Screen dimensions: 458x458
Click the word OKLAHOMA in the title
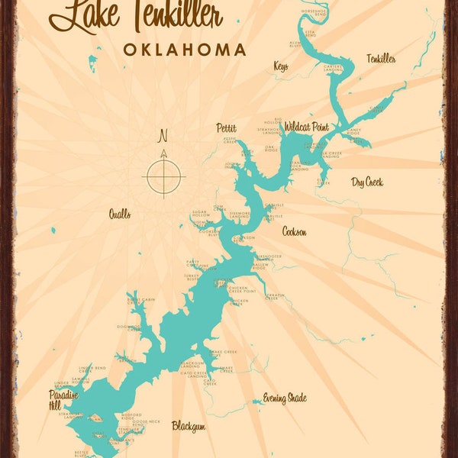tap(185, 50)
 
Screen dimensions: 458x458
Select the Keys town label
tap(281, 66)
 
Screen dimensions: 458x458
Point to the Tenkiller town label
tap(381, 59)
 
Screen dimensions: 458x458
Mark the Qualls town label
tap(119, 214)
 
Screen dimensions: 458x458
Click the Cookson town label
tap(295, 231)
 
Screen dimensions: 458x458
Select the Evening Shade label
tap(284, 398)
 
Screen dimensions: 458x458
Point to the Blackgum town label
tap(188, 427)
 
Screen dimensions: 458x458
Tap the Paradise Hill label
tap(63, 399)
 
